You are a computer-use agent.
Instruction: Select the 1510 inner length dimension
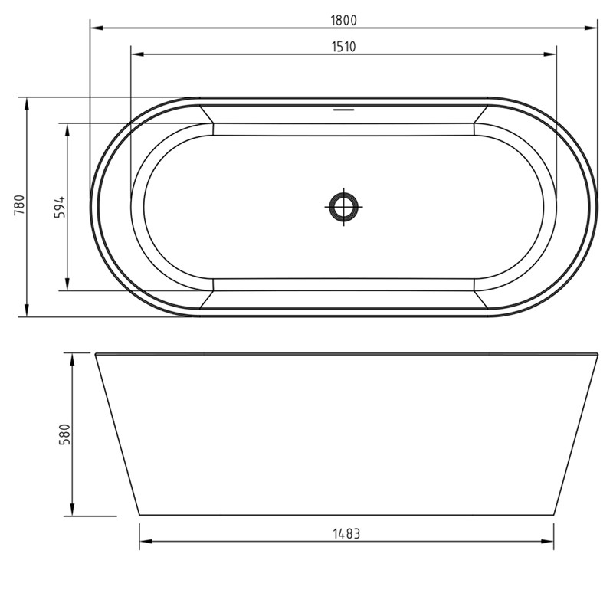tap(343, 47)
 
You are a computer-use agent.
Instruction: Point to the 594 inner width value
tap(61, 207)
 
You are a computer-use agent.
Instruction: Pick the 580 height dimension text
tap(65, 434)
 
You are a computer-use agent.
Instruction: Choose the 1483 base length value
tap(346, 534)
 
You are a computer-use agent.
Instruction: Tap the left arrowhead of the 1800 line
tap(95, 28)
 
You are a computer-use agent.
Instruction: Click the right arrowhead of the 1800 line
tap(592, 28)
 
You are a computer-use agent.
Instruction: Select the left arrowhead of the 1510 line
tap(136, 54)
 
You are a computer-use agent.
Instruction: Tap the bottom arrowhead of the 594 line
tap(67, 286)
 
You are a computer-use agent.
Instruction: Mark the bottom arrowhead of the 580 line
tap(72, 511)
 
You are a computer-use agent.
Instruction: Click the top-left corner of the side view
tap(96, 353)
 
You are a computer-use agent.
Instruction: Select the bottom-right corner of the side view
tap(553, 515)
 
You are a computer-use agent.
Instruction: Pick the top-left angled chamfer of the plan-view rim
tap(205, 115)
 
